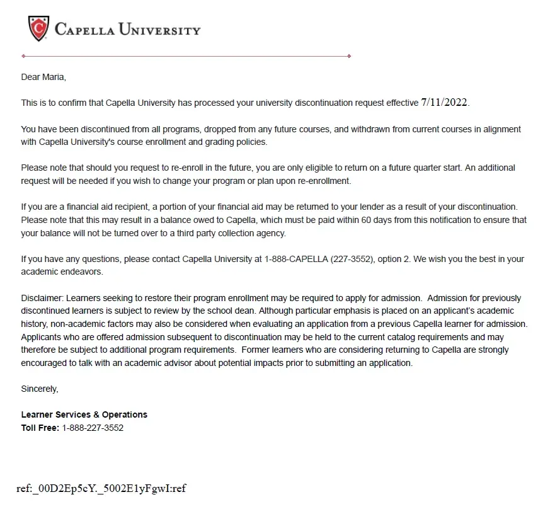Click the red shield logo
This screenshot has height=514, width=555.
pos(38,29)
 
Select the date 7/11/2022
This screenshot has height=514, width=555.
pos(445,102)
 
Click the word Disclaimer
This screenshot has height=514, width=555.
pos(42,299)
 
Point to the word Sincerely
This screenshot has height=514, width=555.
pos(40,389)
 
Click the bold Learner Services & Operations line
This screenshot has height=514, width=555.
pos(84,415)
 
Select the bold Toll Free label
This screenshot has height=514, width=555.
pos(40,428)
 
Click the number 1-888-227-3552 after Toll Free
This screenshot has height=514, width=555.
pos(93,428)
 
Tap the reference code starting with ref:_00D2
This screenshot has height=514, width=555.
pos(101,488)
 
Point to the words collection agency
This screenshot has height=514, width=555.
pos(253,233)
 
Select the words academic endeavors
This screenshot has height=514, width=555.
pos(62,272)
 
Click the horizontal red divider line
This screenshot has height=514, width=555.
pos(186,56)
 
